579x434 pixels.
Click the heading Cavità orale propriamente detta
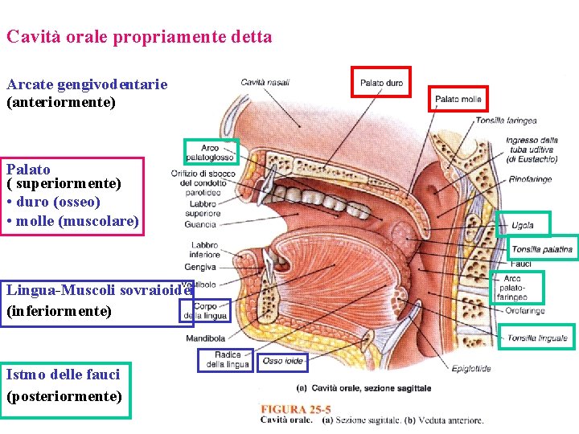click(x=139, y=37)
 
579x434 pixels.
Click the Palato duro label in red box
click(x=381, y=83)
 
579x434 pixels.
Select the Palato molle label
click(x=458, y=100)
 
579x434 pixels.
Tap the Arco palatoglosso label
click(x=211, y=153)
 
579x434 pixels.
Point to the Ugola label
click(x=522, y=226)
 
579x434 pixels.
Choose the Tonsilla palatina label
click(x=543, y=248)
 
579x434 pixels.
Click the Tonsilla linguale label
click(x=536, y=338)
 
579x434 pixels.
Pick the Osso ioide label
click(x=283, y=361)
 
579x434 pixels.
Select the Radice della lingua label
click(x=227, y=360)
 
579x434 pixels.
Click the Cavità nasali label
click(x=265, y=82)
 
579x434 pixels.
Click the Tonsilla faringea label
click(x=506, y=121)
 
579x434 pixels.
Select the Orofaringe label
click(x=526, y=311)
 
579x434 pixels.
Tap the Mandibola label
click(x=205, y=338)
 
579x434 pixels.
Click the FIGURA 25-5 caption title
click(x=295, y=409)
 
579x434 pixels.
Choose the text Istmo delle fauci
click(x=64, y=374)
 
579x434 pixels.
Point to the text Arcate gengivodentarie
click(x=87, y=84)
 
